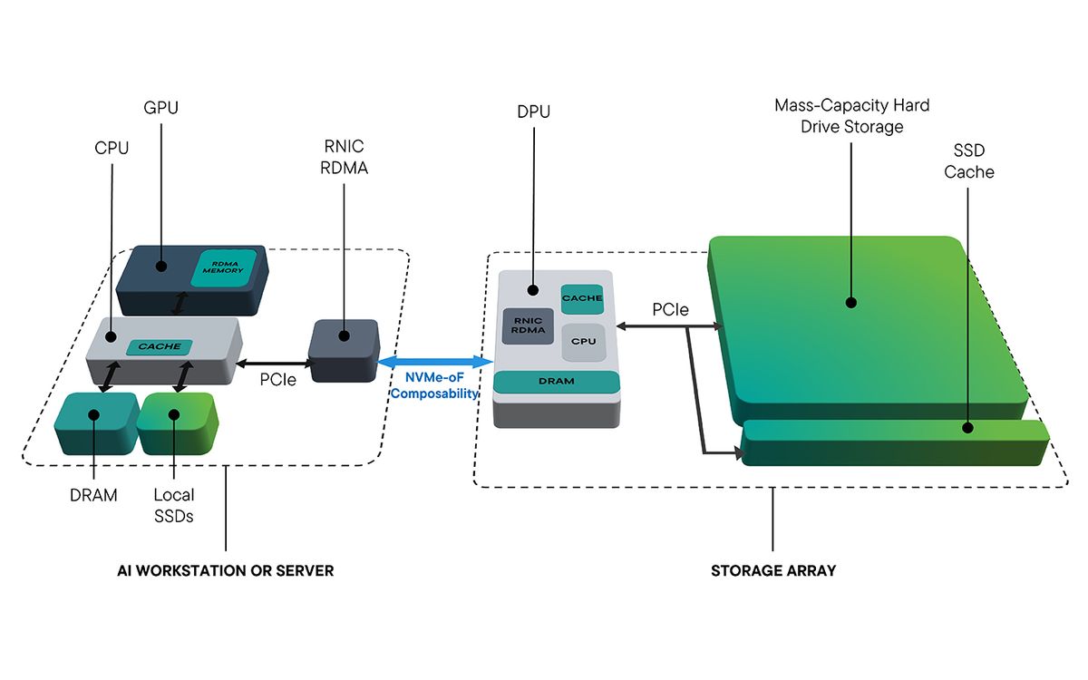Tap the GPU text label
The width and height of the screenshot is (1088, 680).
160,108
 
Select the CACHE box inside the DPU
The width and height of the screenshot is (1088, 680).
582,297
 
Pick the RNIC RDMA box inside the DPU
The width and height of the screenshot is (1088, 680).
528,326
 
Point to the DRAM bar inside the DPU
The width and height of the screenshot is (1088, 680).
556,381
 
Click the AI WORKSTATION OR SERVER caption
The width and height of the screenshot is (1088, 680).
226,571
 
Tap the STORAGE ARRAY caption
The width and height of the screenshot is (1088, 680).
772,571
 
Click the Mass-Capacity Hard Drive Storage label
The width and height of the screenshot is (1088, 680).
851,116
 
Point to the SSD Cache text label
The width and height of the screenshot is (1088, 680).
968,162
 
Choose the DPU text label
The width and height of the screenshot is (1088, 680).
533,112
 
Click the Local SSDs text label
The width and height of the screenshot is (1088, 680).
173,504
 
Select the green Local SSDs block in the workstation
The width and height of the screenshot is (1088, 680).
176,423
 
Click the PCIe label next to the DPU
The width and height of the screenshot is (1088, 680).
670,310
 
